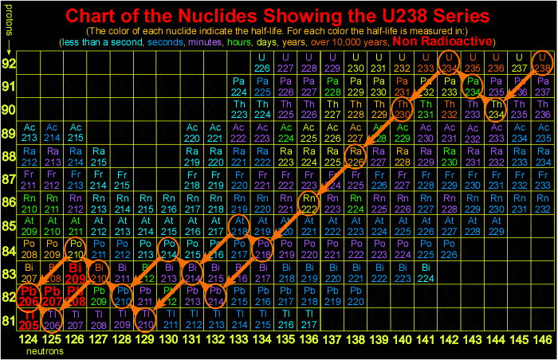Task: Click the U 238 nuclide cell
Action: coord(542,63)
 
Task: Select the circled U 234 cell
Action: coord(450,63)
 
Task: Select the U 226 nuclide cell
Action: coord(261,63)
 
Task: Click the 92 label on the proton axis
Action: coord(9,63)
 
